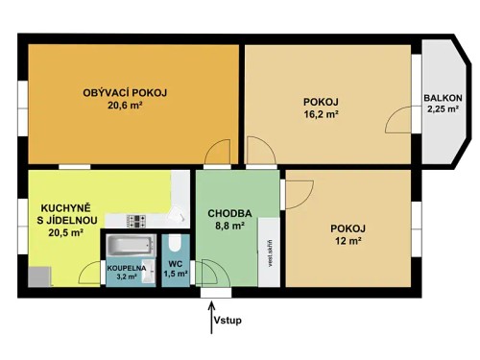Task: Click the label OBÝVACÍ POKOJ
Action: pyautogui.click(x=125, y=93)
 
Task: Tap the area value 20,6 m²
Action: pyautogui.click(x=125, y=107)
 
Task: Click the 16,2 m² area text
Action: pyautogui.click(x=322, y=116)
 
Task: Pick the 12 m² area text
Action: pyautogui.click(x=347, y=241)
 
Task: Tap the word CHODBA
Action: pyautogui.click(x=229, y=213)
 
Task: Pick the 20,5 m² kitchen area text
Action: pyautogui.click(x=61, y=232)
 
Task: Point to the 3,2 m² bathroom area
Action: pyautogui.click(x=126, y=277)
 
